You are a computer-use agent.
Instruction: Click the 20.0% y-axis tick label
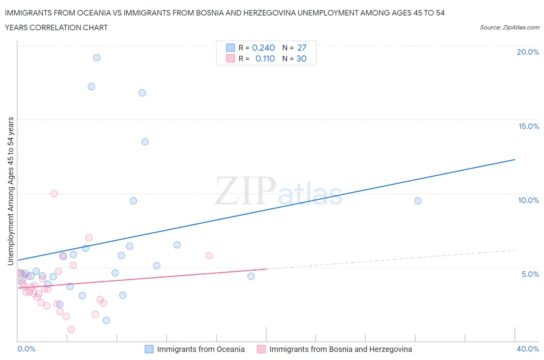tap(528, 52)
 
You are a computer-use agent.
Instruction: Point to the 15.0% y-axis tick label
tap(529, 126)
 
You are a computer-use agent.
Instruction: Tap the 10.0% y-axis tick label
tap(529, 200)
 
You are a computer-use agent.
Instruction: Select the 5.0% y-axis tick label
tap(530, 274)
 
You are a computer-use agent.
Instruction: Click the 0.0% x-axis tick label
tap(26, 349)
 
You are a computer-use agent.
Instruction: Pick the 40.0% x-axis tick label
tap(528, 349)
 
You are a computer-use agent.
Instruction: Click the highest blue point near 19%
tap(97, 58)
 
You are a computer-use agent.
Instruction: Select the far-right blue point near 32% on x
tap(417, 201)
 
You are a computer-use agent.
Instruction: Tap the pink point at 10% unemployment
tap(54, 194)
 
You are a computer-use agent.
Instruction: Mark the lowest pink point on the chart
tap(71, 329)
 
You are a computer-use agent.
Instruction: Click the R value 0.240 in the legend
tap(263, 48)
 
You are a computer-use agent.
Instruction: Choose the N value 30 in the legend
tap(301, 58)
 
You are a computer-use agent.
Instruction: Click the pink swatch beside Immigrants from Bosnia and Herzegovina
tap(262, 349)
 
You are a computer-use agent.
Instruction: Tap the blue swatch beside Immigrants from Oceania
tap(149, 349)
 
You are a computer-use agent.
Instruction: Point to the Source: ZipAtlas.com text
tap(509, 27)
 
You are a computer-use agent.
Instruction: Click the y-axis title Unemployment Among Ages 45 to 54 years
tap(11, 191)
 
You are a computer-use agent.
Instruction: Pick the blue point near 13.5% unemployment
tap(145, 142)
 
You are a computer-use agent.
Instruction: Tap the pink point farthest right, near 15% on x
tap(209, 255)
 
